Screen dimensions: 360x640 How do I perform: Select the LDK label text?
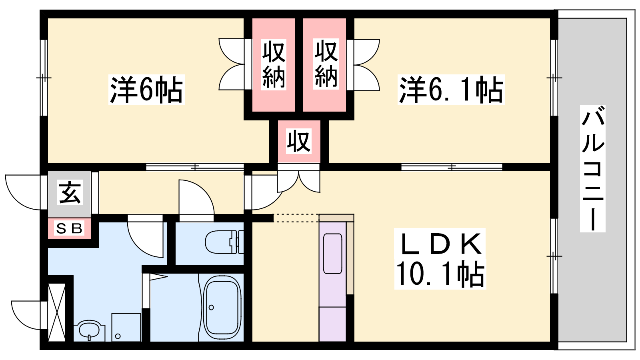(x=440, y=244)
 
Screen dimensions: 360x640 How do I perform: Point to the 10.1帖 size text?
(x=440, y=274)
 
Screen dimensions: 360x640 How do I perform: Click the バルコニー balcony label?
(x=592, y=168)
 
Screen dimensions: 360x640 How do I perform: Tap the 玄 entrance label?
(x=70, y=192)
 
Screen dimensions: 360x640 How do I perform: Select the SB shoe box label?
(x=69, y=229)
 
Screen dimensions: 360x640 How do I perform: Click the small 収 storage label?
(x=298, y=141)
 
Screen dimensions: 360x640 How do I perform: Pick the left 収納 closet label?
(x=274, y=64)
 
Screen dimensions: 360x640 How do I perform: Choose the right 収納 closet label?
(x=326, y=64)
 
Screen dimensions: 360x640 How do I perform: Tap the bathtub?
(x=222, y=307)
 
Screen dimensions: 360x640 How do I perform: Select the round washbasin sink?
(x=89, y=330)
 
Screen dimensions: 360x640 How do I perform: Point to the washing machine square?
(x=126, y=327)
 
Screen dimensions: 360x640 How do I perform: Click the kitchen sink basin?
(x=332, y=254)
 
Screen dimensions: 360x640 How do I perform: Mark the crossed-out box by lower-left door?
(x=57, y=312)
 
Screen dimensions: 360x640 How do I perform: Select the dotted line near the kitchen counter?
(x=296, y=218)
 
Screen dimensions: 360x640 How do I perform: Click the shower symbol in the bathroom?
(x=158, y=276)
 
